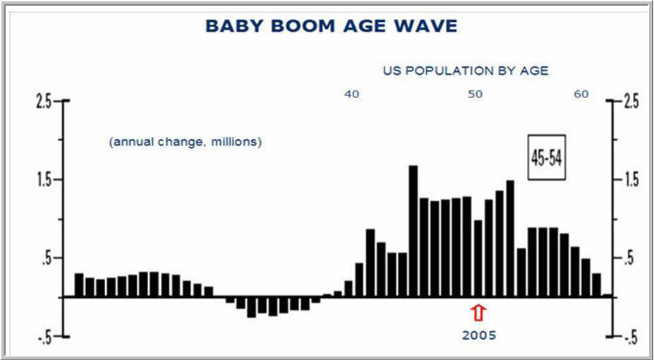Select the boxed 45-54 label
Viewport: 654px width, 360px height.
click(546, 157)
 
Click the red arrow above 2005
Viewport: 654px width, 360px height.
click(478, 313)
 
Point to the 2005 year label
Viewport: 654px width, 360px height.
click(478, 335)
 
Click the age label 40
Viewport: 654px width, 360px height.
click(351, 95)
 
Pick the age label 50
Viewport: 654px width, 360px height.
click(475, 95)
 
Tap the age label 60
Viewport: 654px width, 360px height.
click(581, 95)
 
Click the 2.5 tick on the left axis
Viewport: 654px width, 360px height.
click(44, 102)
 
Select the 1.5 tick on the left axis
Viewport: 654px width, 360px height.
click(44, 180)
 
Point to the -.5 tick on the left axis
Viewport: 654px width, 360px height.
click(44, 337)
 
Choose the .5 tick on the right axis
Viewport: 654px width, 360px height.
click(629, 258)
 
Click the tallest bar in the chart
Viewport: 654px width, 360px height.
click(413, 231)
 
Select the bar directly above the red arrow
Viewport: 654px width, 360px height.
click(478, 258)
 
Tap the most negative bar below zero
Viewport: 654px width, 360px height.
click(251, 307)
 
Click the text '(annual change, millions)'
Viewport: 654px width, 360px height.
click(185, 143)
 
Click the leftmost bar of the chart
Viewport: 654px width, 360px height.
click(79, 285)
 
